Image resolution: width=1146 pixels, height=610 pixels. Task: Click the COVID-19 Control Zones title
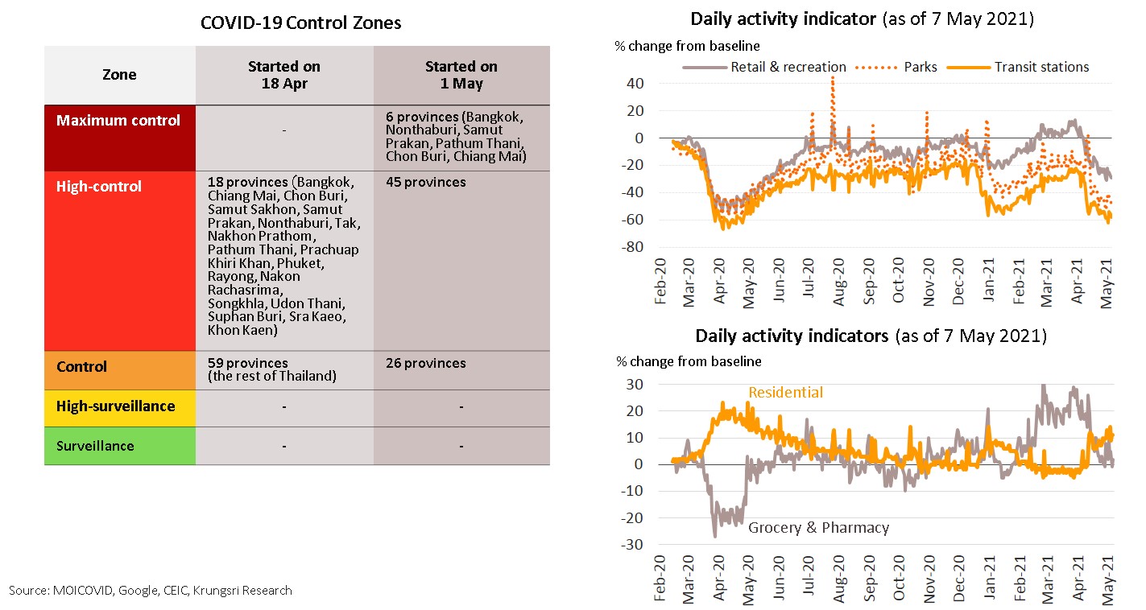coord(300,23)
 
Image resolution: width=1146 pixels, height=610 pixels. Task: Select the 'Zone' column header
coord(119,75)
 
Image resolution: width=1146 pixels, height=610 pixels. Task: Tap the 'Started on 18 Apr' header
coord(283,75)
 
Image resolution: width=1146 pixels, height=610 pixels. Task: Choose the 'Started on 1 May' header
coord(461,75)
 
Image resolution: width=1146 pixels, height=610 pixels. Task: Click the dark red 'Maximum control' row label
coord(118,121)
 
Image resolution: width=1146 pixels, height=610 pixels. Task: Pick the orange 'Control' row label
coord(82,367)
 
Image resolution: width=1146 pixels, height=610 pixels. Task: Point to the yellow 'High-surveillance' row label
coord(115,406)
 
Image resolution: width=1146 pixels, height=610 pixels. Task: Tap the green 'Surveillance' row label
coord(95,446)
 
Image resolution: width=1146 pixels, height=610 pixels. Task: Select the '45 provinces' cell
coord(425,183)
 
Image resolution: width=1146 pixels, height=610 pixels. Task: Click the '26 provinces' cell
coord(425,364)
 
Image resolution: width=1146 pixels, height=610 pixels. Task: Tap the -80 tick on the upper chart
coord(631,247)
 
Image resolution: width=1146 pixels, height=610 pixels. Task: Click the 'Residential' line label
coord(785,393)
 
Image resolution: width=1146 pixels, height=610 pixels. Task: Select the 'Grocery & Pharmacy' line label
coord(818,528)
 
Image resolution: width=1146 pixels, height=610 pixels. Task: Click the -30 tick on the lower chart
coord(631,545)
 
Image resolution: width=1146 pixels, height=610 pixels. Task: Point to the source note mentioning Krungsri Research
coord(151,591)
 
